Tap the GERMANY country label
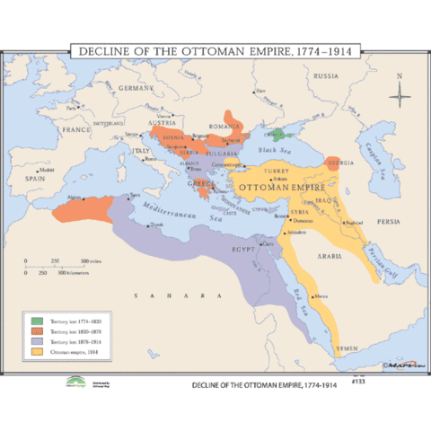click(138, 89)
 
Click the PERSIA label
click(389, 220)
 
